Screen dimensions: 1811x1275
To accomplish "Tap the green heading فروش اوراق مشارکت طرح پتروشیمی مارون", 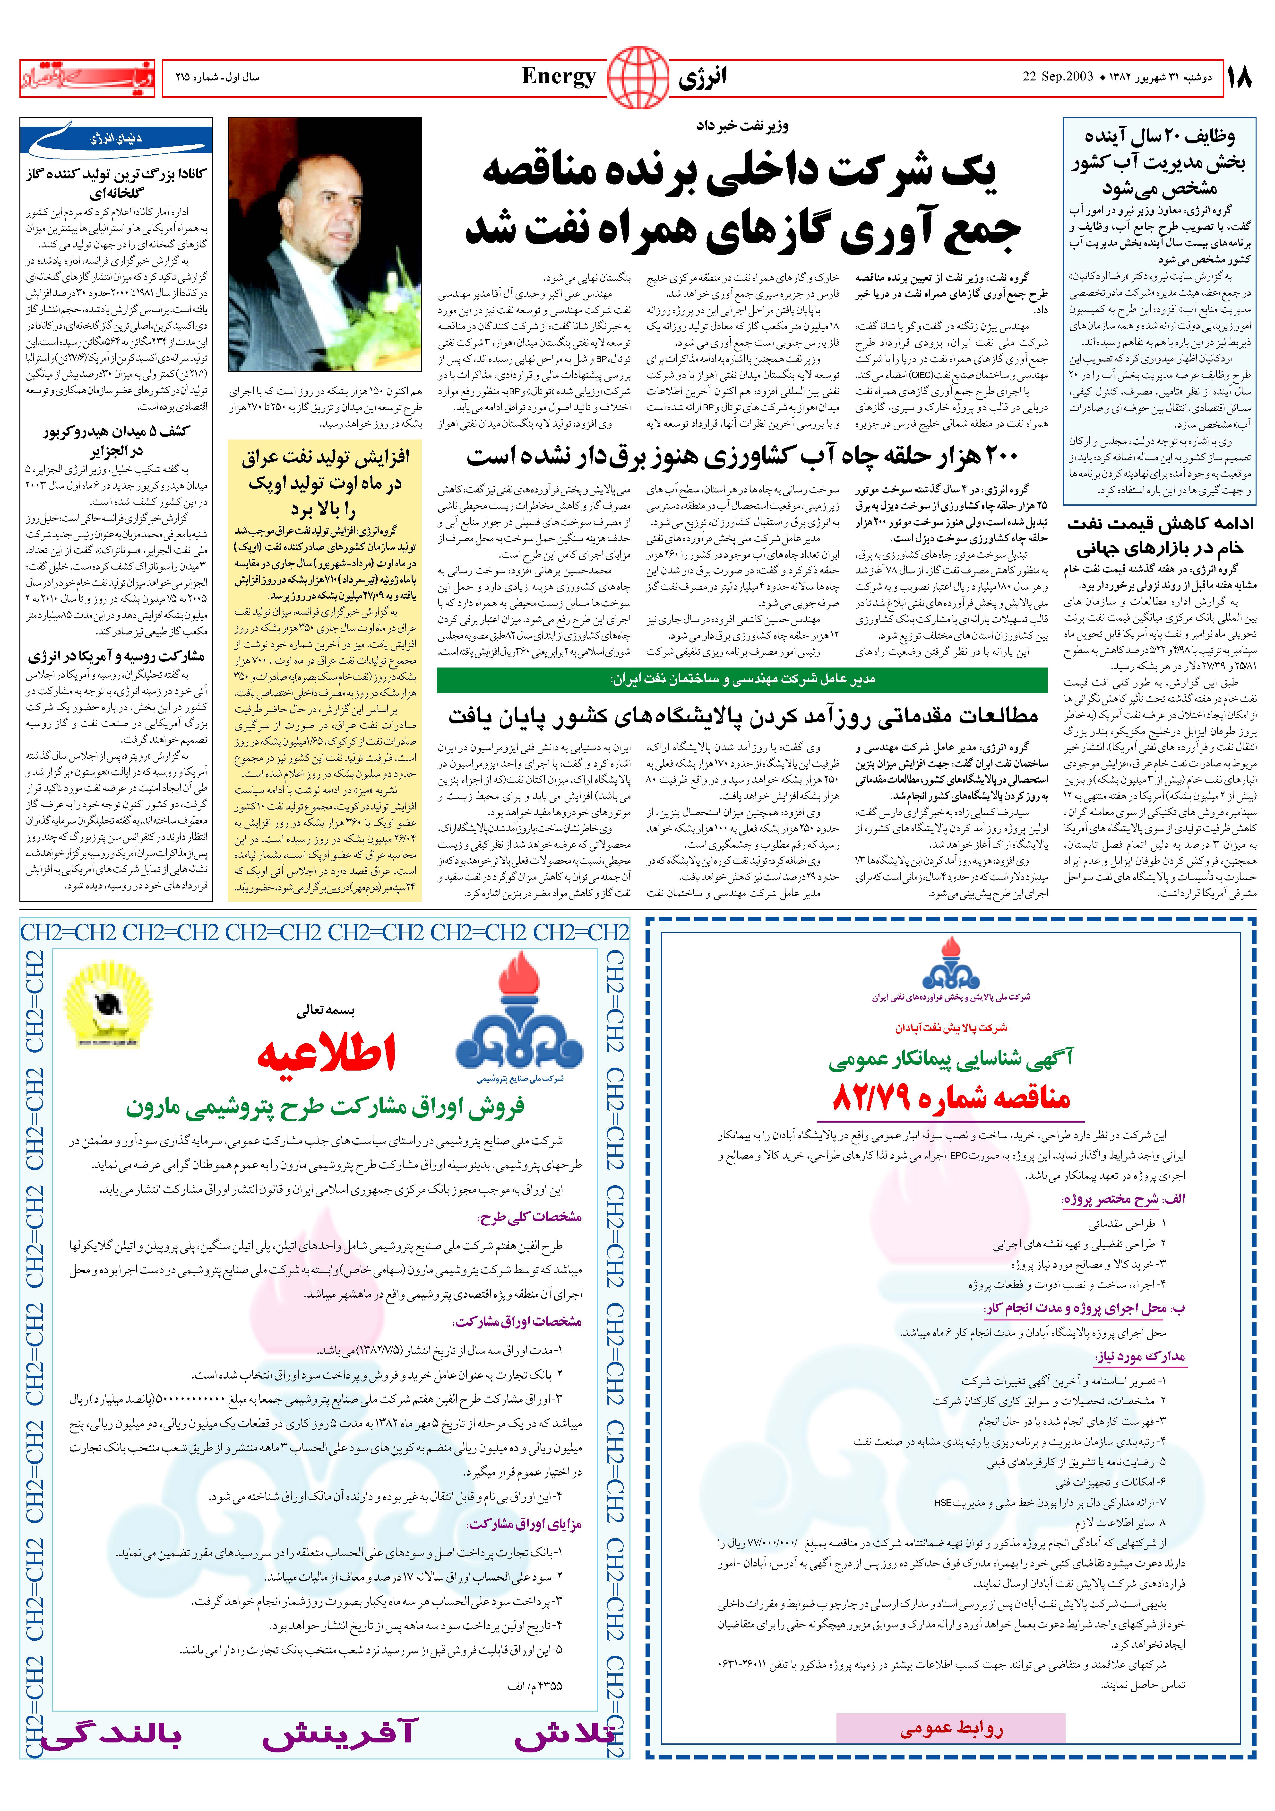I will tap(326, 1108).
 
